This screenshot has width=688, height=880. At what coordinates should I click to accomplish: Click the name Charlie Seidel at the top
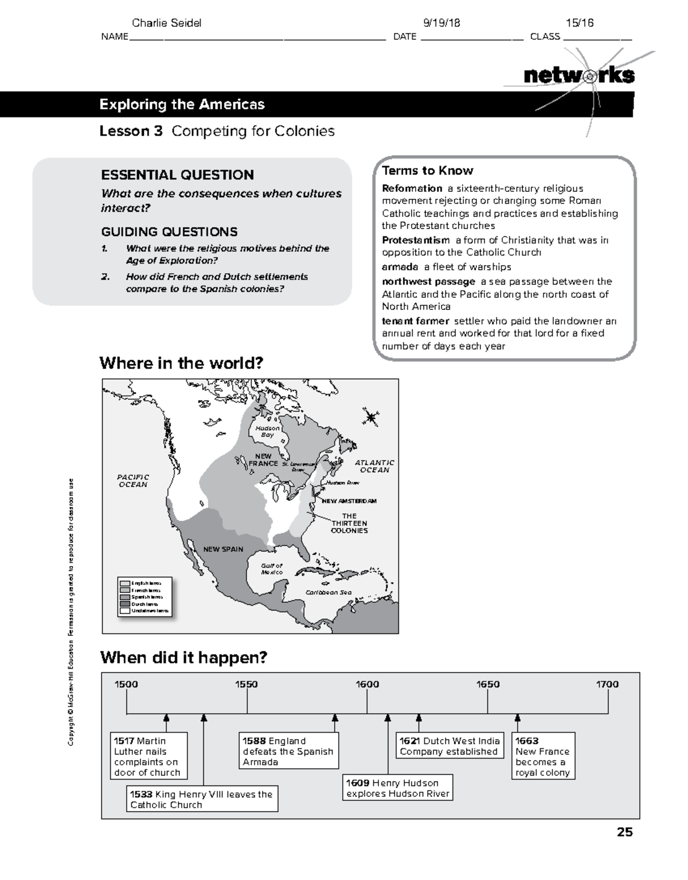[x=166, y=23]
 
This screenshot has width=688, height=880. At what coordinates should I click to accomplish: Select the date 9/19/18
[x=441, y=23]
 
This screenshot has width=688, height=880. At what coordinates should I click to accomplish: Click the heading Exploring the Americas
[x=182, y=104]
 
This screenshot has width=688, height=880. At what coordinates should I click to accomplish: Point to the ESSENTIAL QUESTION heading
[x=177, y=175]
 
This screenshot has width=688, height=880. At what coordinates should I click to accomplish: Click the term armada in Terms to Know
[x=400, y=267]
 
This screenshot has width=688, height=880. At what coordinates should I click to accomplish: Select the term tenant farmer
[x=415, y=321]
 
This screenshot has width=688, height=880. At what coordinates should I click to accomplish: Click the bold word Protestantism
[x=416, y=240]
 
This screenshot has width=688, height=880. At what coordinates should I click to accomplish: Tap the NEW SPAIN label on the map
[x=223, y=549]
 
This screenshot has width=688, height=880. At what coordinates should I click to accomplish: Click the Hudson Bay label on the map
[x=267, y=431]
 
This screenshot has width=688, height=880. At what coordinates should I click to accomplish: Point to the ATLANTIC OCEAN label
[x=374, y=466]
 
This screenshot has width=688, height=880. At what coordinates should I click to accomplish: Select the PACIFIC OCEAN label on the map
[x=133, y=481]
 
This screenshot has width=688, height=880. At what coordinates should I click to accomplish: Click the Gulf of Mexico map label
[x=272, y=568]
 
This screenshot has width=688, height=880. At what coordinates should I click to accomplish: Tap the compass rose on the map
[x=371, y=417]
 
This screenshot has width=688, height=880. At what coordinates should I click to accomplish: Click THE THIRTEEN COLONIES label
[x=349, y=523]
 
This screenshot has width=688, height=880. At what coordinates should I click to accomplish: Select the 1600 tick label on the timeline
[x=367, y=684]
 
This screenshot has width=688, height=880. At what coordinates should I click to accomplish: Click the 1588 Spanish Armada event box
[x=288, y=751]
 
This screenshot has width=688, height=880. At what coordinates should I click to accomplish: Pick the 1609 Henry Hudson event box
[x=397, y=788]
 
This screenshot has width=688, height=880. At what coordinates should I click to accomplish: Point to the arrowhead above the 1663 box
[x=517, y=718]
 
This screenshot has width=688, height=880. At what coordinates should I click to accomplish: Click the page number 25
[x=624, y=832]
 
